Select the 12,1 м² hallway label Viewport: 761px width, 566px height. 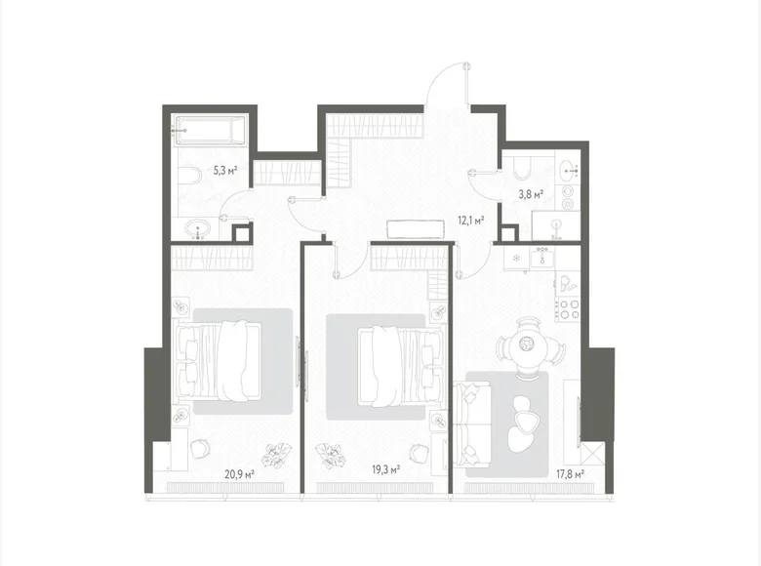(472, 220)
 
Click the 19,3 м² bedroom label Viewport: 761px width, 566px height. (385, 468)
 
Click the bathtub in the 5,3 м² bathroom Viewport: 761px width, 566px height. (209, 131)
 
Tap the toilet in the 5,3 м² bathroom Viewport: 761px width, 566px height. (188, 176)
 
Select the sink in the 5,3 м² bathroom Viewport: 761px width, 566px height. (200, 230)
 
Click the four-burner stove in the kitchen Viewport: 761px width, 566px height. (568, 308)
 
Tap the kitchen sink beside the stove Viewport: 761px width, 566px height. (567, 284)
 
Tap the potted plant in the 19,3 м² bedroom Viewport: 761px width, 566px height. (332, 454)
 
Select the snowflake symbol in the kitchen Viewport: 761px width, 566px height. (517, 259)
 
